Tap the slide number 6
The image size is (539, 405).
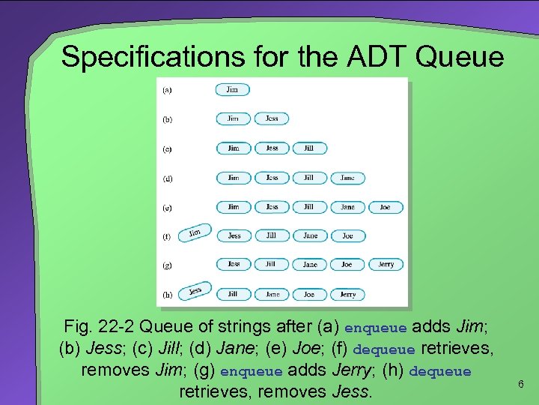[x=521, y=384]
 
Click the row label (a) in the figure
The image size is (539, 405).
[x=167, y=90]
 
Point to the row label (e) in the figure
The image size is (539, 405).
[x=167, y=207]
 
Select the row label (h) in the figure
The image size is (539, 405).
[x=167, y=294]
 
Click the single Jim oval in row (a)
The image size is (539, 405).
[x=233, y=90]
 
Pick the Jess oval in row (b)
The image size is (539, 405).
[x=272, y=118]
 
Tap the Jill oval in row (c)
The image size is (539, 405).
[x=309, y=148]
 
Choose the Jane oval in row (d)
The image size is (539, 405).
[x=347, y=178]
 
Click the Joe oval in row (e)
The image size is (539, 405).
[x=385, y=207]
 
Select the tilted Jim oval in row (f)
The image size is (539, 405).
[x=195, y=232]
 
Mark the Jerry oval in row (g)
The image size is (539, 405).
[x=386, y=265]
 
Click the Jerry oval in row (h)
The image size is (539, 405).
[x=347, y=295]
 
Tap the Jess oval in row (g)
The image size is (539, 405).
[x=234, y=265]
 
